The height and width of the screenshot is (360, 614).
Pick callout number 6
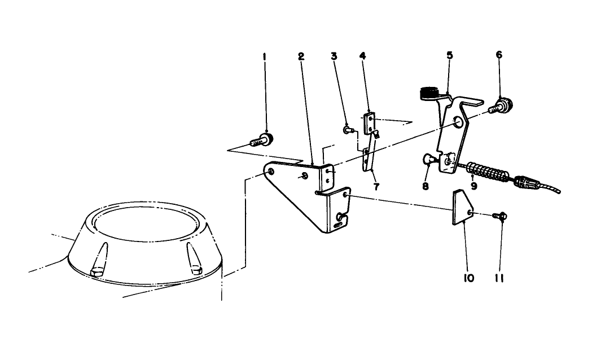(x=499, y=55)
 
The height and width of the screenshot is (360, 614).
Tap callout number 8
(x=426, y=185)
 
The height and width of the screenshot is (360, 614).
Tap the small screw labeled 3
(x=348, y=130)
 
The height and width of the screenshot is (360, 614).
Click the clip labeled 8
(x=429, y=161)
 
